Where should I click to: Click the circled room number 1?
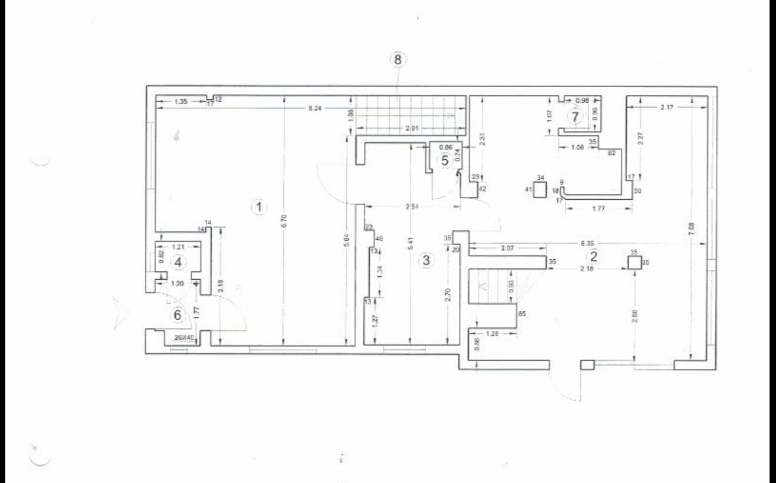[x=256, y=206]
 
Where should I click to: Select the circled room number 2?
[x=593, y=256]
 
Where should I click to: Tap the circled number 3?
[x=427, y=260]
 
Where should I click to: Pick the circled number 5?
[x=445, y=159]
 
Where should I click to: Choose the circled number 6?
[x=177, y=314]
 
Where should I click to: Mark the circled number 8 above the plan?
[x=398, y=60]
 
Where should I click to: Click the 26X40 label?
[x=185, y=337]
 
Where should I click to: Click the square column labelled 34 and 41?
[x=539, y=189]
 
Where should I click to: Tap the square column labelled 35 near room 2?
[x=633, y=262]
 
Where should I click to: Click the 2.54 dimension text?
[x=410, y=207]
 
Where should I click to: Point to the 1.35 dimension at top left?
[x=181, y=102]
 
